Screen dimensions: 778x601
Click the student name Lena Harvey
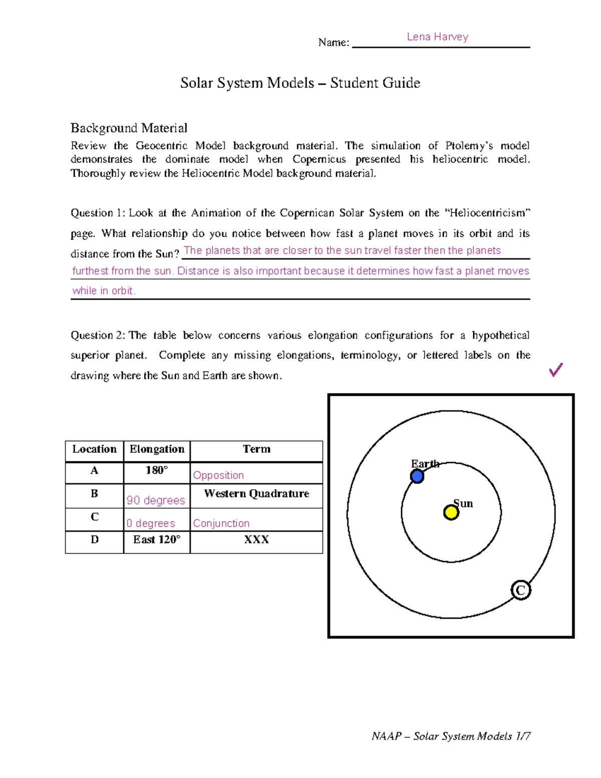tap(437, 37)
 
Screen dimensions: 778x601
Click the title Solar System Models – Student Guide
tap(300, 83)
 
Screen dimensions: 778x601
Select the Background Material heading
tap(129, 128)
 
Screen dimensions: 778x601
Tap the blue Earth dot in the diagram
tap(417, 476)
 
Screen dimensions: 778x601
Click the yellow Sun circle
tap(451, 512)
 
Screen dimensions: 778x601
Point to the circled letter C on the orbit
tap(520, 590)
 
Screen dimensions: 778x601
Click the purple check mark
tap(556, 370)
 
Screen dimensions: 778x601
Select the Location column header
tap(94, 449)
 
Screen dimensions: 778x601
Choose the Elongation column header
tap(157, 449)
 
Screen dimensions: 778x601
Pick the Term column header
tap(256, 449)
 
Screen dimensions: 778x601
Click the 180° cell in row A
tap(157, 470)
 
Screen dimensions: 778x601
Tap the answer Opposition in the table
tap(218, 475)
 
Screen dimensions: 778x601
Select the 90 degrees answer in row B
tap(156, 500)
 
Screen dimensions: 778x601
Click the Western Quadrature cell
tap(256, 493)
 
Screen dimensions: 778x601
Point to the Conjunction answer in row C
tap(221, 523)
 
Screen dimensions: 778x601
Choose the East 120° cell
tap(157, 540)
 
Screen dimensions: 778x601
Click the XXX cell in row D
tap(256, 540)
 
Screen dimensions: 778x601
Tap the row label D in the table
tap(94, 540)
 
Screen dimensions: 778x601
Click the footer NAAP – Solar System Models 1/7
tap(451, 736)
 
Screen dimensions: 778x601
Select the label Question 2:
tap(99, 335)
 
